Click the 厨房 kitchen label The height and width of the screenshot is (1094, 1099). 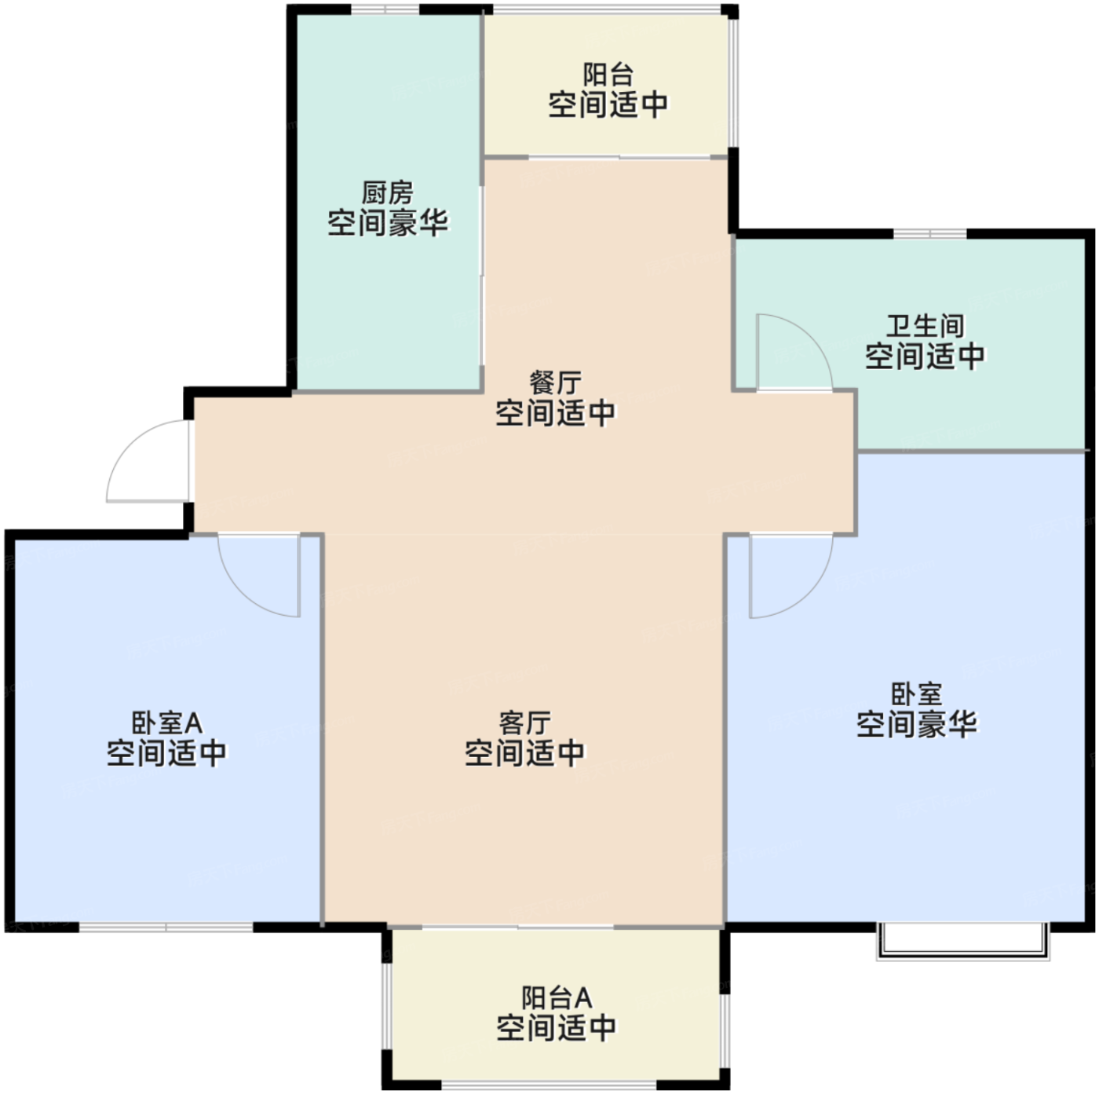tap(387, 192)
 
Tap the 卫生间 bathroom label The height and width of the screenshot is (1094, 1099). tap(925, 325)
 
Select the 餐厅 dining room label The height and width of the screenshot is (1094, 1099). tap(555, 382)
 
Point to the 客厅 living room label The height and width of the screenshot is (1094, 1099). tap(524, 722)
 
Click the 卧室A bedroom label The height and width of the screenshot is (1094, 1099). tap(166, 723)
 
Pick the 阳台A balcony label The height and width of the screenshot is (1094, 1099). tap(556, 997)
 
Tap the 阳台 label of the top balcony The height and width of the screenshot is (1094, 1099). tap(608, 75)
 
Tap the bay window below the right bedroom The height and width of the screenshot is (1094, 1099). tap(962, 941)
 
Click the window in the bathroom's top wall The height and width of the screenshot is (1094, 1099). tap(929, 233)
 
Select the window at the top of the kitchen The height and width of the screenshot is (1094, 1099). tap(385, 9)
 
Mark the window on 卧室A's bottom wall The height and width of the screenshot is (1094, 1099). tap(166, 928)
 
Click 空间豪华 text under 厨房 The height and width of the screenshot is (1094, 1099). tap(387, 224)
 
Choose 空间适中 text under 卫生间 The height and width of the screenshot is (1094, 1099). tap(925, 357)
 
